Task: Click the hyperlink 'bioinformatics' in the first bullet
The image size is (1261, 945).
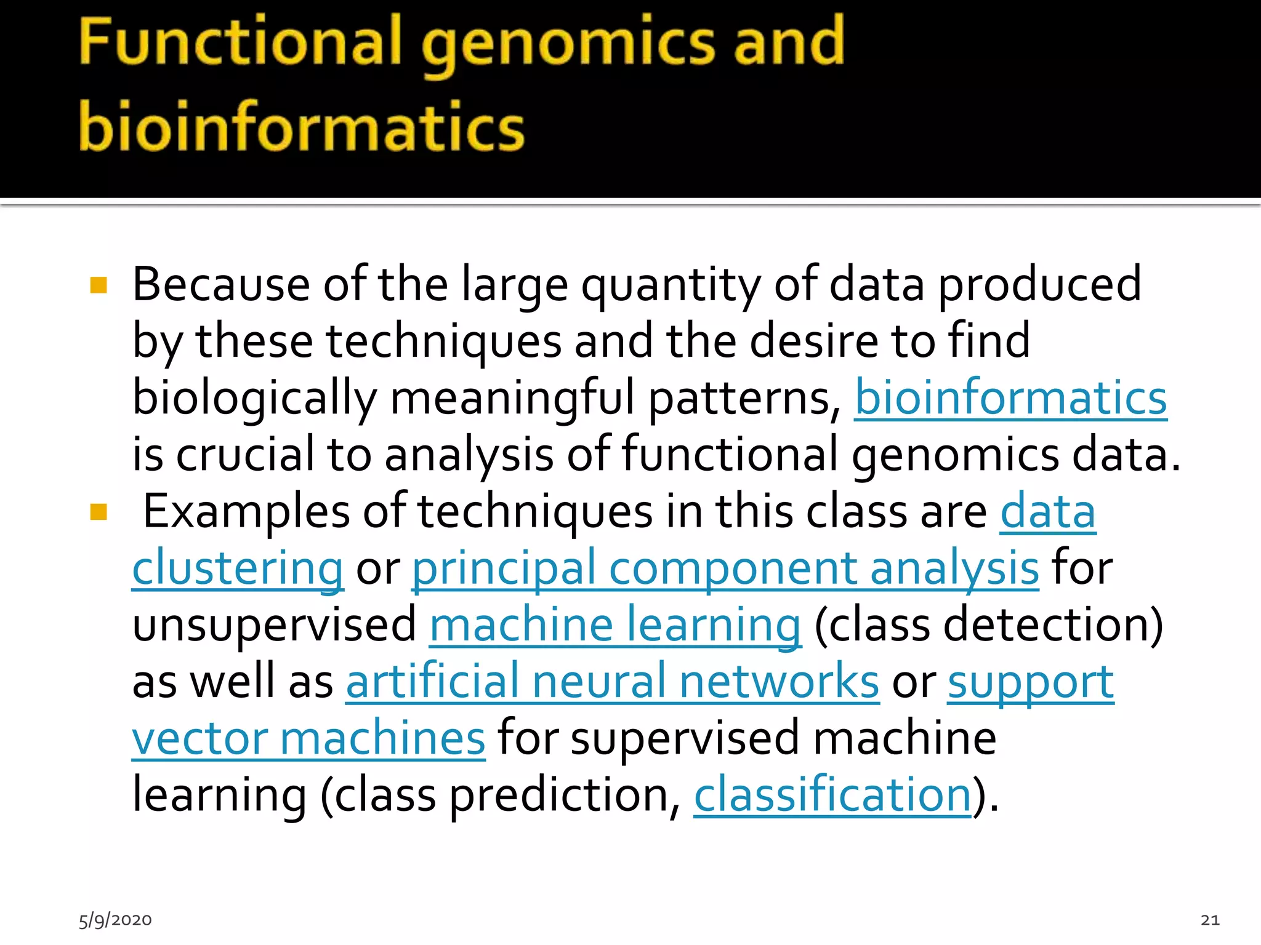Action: (1010, 398)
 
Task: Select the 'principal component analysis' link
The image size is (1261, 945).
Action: (725, 568)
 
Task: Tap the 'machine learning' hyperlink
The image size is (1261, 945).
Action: (615, 625)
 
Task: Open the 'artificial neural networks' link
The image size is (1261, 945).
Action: (612, 682)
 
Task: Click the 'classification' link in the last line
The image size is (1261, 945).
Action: (832, 795)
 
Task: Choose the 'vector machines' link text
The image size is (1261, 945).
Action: (308, 738)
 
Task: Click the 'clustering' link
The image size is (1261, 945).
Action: (238, 568)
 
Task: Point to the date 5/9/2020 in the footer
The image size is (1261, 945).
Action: (115, 920)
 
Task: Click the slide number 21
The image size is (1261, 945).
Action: (1210, 920)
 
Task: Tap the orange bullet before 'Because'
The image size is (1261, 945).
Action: (99, 285)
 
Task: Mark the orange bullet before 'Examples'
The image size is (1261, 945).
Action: (99, 512)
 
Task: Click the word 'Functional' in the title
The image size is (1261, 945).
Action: (240, 42)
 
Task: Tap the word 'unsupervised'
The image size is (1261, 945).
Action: (275, 625)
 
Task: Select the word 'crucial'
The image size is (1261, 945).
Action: (244, 455)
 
